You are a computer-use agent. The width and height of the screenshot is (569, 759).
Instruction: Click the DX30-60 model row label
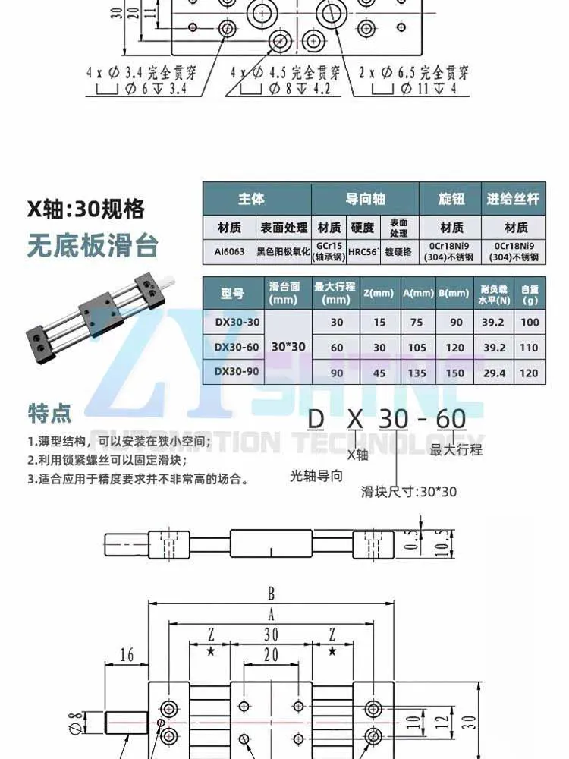click(237, 348)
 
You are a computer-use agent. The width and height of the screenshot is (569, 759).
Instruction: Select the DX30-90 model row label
click(237, 372)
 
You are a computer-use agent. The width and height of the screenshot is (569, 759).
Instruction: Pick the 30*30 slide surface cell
click(288, 347)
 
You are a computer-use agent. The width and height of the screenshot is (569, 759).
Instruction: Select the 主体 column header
click(252, 199)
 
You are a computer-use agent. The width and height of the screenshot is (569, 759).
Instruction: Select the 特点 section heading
click(49, 413)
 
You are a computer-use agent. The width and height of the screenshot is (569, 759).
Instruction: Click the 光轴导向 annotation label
click(316, 476)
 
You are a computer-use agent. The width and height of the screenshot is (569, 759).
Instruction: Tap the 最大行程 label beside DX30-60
click(455, 449)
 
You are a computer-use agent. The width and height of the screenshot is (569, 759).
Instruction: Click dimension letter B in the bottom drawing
click(271, 594)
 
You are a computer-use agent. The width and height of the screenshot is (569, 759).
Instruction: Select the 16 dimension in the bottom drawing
click(127, 655)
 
